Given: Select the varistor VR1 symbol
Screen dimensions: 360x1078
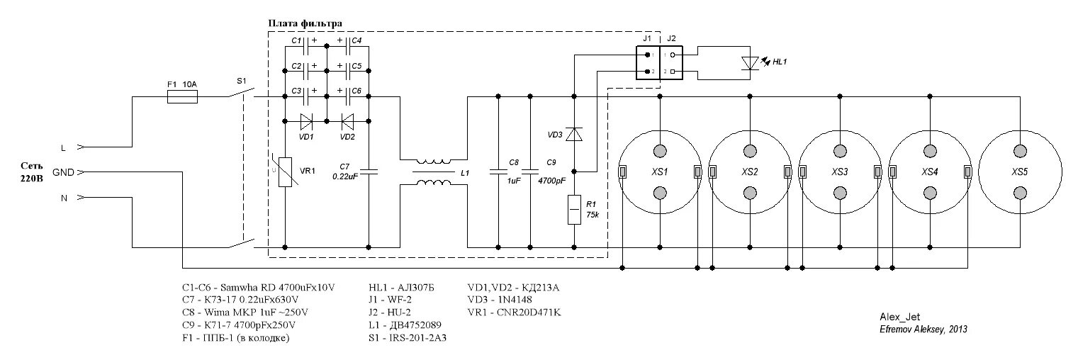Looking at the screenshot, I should (285, 171).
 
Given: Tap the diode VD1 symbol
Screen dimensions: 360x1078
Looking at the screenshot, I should (306, 120).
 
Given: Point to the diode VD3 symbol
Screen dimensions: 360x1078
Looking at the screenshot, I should (574, 133).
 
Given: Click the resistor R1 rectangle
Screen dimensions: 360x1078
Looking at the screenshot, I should (574, 210).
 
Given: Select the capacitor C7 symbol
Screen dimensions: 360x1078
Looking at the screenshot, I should (369, 171).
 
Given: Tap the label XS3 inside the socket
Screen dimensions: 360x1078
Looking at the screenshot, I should (841, 172).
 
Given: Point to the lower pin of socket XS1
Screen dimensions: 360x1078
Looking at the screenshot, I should (661, 193).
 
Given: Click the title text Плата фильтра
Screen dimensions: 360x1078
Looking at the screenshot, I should (305, 23).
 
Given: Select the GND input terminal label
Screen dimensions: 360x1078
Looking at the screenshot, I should (63, 171).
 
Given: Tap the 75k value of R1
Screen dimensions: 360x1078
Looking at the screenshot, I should (593, 215).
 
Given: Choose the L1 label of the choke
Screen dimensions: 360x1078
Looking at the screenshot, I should (464, 172).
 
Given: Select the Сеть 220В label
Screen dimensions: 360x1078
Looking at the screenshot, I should (31, 172).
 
